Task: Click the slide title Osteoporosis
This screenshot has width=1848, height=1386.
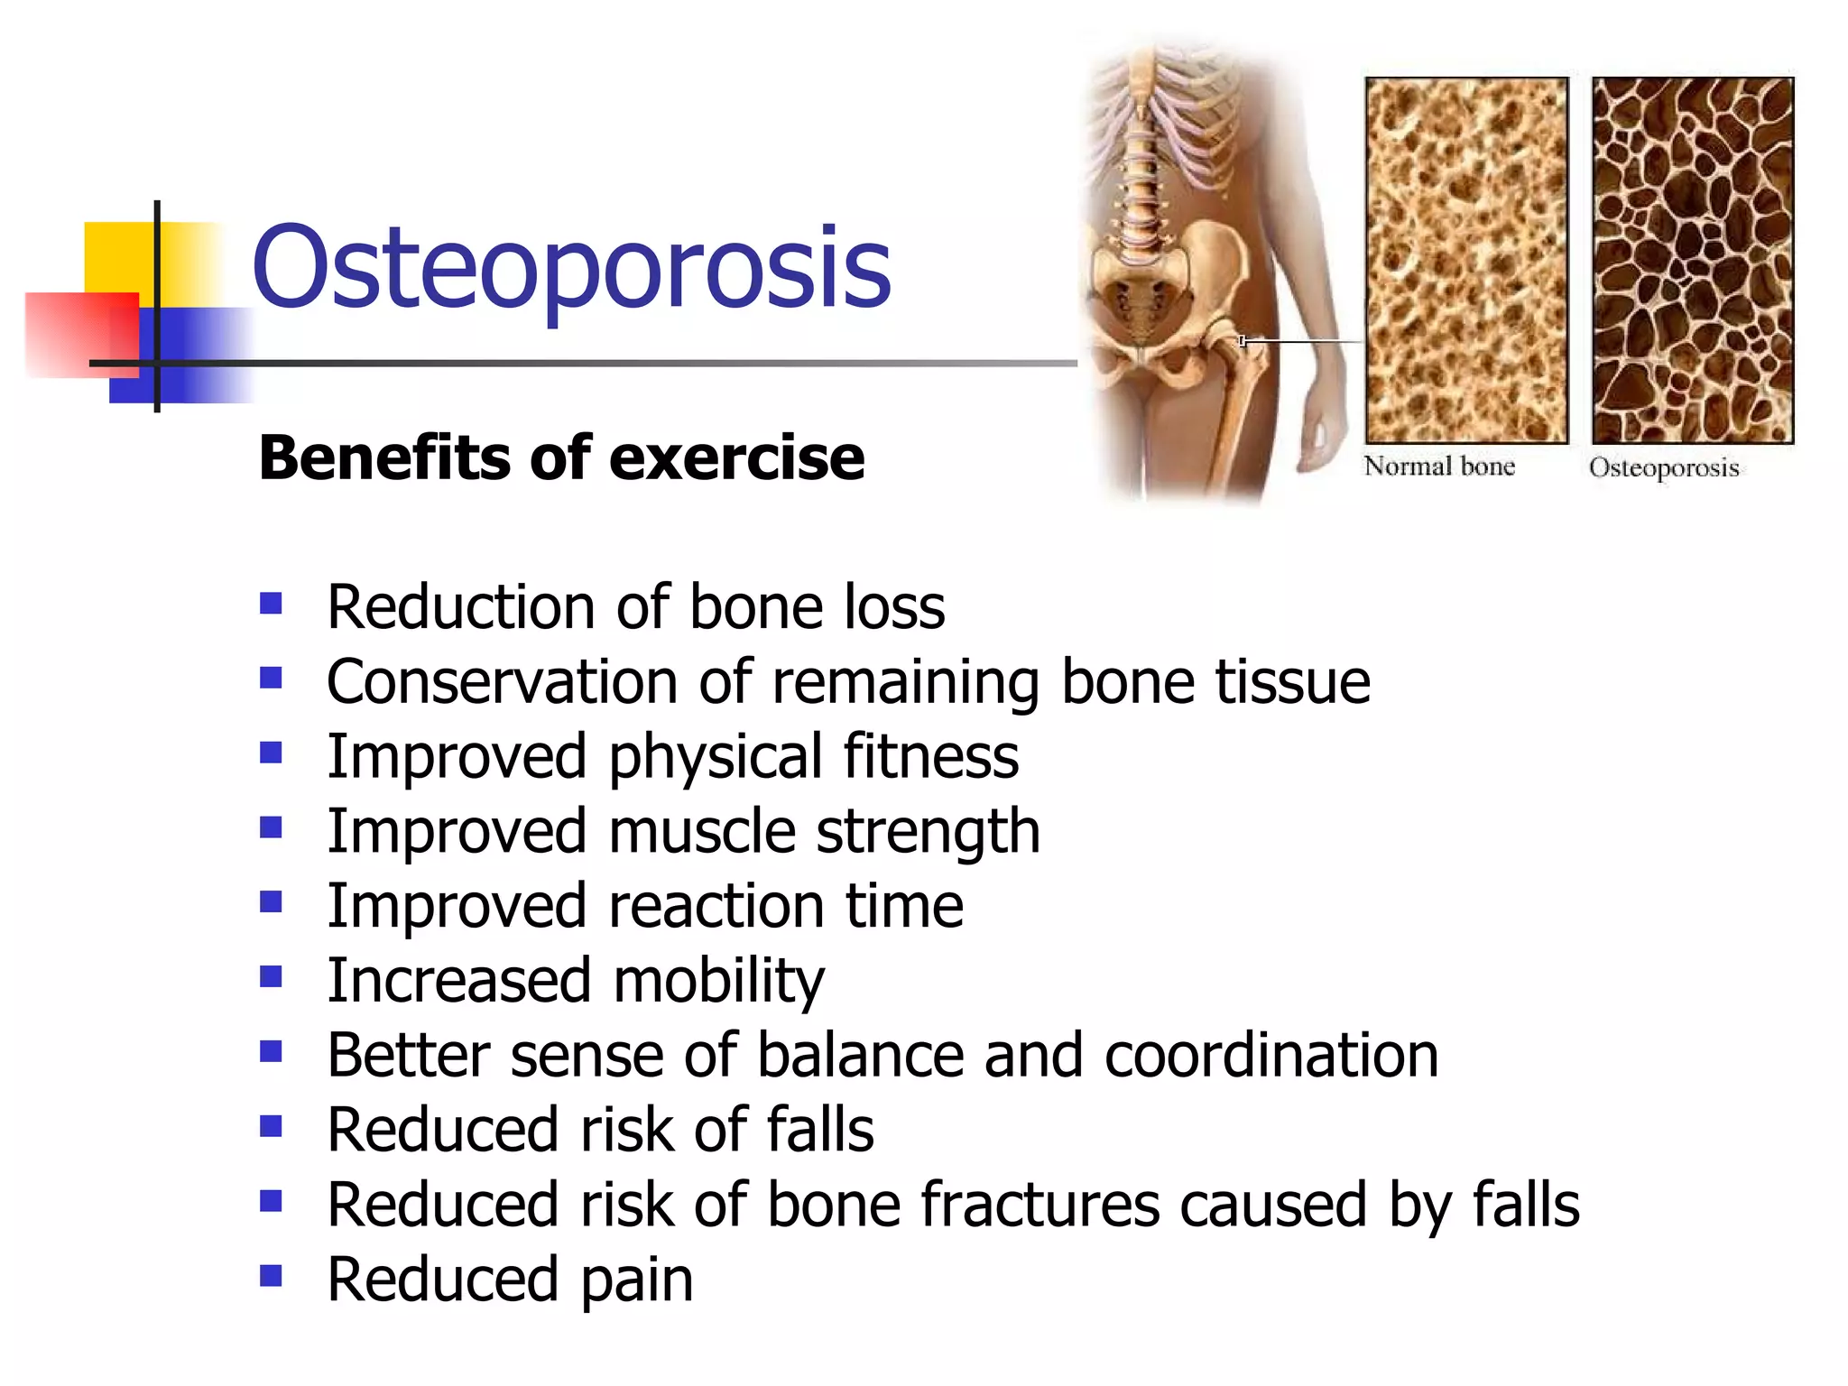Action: point(571,268)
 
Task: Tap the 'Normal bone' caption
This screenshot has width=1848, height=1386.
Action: point(1438,467)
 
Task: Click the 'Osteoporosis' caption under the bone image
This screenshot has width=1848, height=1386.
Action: point(1664,468)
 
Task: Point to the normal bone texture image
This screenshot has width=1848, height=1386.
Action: point(1466,259)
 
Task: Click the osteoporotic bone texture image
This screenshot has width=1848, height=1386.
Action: point(1693,259)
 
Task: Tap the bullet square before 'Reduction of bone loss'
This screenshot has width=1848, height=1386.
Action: point(271,603)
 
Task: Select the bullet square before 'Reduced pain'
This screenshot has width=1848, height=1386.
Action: point(271,1275)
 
